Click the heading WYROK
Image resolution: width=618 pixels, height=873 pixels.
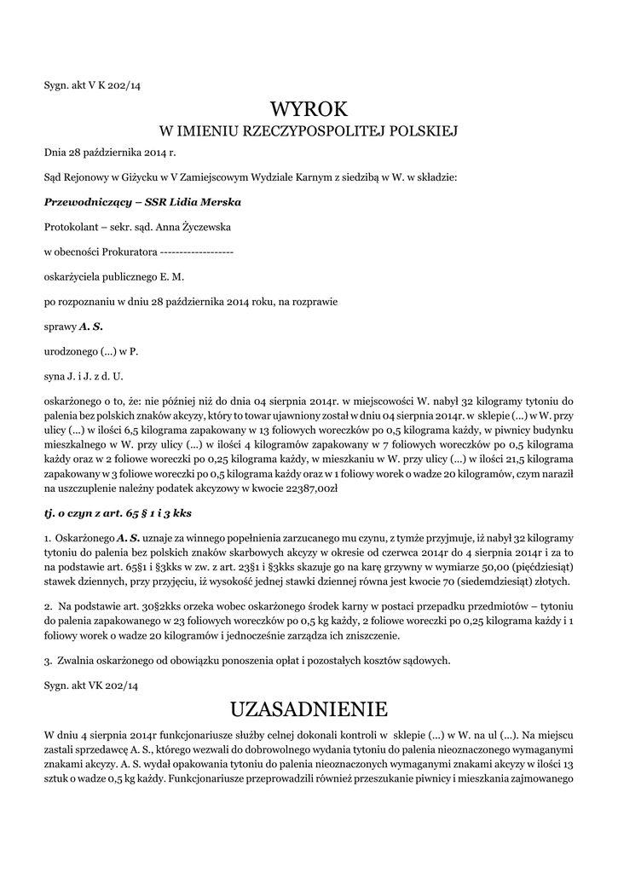309,108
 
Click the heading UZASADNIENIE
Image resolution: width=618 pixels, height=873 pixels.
309,708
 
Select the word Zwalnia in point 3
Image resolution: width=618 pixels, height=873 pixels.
76,660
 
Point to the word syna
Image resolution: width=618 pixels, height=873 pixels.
55,375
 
